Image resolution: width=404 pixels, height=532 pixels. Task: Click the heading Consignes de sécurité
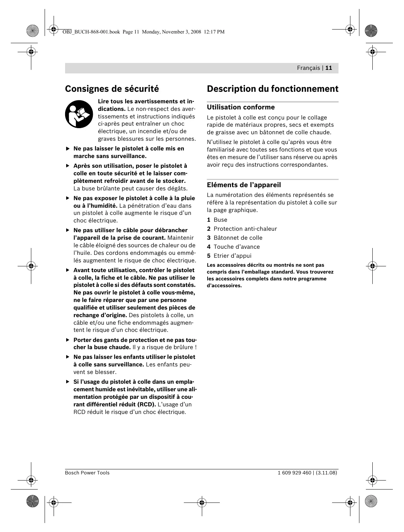point(112,89)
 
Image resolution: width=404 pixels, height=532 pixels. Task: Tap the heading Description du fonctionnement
point(272,89)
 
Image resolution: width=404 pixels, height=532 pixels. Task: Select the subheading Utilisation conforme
point(241,107)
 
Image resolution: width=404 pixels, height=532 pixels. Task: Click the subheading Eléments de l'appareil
point(244,185)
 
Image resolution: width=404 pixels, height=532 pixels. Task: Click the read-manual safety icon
point(79,114)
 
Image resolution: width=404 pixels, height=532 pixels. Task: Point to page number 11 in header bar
point(329,68)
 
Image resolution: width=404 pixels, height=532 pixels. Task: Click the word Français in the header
point(308,68)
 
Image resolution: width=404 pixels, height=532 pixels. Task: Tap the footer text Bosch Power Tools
point(87,473)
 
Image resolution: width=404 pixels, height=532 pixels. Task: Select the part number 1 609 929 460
point(294,473)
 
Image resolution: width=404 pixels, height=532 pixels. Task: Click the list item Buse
point(220,220)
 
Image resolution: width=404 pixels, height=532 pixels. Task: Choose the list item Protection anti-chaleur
point(245,229)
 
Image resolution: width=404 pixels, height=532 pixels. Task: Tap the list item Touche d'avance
point(236,247)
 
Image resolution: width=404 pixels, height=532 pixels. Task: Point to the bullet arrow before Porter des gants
point(67,340)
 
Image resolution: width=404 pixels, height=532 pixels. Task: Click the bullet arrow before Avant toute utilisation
point(67,270)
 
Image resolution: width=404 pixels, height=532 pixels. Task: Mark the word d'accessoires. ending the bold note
point(224,286)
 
